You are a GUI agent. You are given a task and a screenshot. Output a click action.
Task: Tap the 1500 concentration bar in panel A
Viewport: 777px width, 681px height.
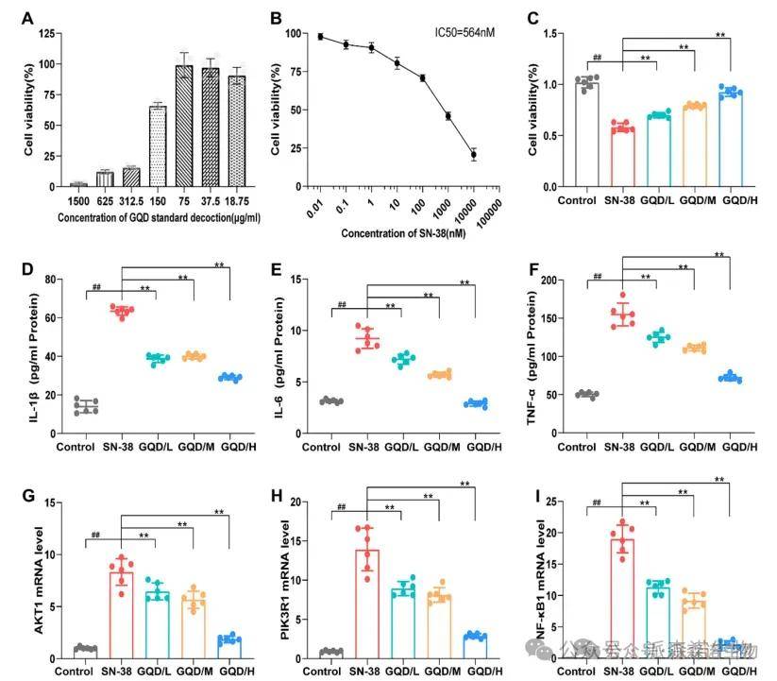coord(79,184)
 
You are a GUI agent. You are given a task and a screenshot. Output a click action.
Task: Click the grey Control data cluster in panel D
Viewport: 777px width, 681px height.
coord(87,406)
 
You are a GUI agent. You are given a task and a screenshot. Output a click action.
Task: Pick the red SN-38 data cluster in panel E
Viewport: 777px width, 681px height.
coord(367,338)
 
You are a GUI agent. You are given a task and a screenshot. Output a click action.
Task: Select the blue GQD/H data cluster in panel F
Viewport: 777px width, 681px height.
coord(730,378)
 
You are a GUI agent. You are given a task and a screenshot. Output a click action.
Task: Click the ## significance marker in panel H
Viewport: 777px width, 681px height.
coord(341,510)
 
